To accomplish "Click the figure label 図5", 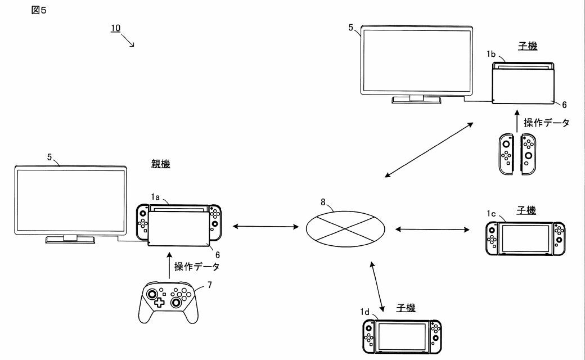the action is (39, 11).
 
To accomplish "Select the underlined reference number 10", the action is (116, 28).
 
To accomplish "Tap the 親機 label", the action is (160, 164).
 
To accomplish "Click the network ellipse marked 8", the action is (345, 229).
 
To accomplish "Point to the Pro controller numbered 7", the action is (169, 303).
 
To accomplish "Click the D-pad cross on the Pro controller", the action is (159, 303).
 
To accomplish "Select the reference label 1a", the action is (155, 197).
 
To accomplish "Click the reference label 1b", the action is (491, 54).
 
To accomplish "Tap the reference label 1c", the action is (491, 213).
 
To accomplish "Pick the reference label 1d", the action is (364, 312).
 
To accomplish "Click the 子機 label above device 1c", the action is (526, 210).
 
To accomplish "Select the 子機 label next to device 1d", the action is (406, 308).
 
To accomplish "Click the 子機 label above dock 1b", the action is (528, 46).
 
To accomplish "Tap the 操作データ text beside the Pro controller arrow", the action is (197, 267).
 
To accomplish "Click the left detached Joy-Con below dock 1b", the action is (506, 154).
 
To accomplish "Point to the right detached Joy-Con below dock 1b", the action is (528, 154).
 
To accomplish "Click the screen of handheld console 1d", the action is (402, 336).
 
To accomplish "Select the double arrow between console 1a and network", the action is (265, 226).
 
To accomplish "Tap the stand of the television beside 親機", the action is (70, 239).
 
